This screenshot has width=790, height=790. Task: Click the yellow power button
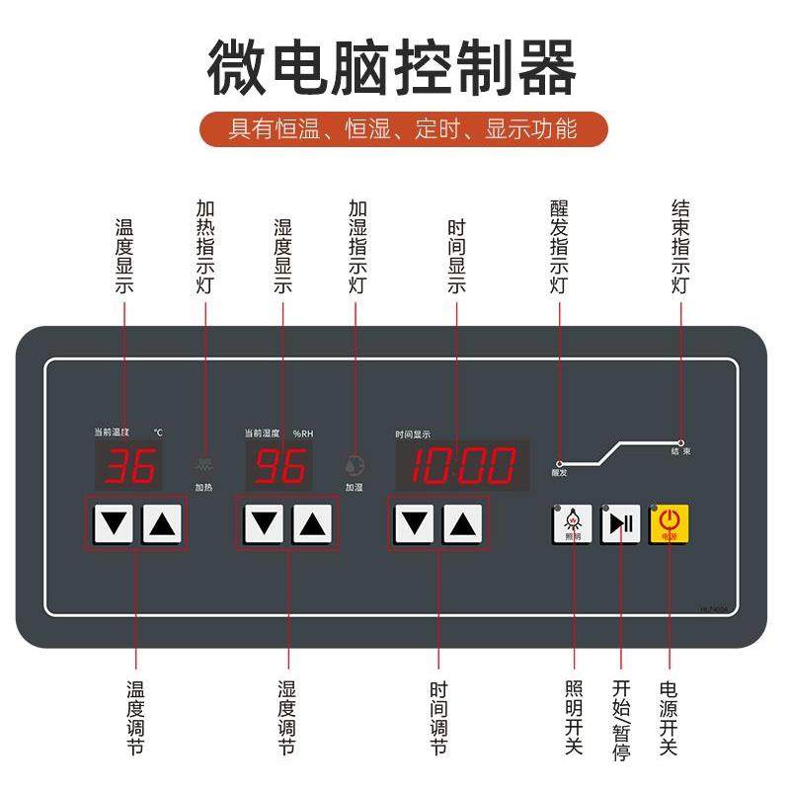pyautogui.click(x=669, y=523)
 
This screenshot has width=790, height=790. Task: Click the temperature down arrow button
pyautogui.click(x=116, y=523)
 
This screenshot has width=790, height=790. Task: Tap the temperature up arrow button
pyautogui.click(x=163, y=523)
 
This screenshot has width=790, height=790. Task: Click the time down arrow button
pyautogui.click(x=415, y=523)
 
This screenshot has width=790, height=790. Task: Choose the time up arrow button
pyautogui.click(x=462, y=523)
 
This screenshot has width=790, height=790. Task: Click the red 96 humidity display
pyautogui.click(x=280, y=466)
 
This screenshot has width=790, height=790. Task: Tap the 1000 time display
pyautogui.click(x=462, y=465)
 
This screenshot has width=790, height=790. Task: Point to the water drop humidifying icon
pyautogui.click(x=354, y=464)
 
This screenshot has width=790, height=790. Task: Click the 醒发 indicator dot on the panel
pyautogui.click(x=559, y=462)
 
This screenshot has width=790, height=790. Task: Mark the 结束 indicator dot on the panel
pyautogui.click(x=680, y=440)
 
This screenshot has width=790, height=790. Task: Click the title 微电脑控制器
pyautogui.click(x=392, y=67)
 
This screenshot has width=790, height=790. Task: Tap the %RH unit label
pyautogui.click(x=303, y=433)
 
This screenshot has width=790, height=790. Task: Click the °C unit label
pyautogui.click(x=158, y=433)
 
